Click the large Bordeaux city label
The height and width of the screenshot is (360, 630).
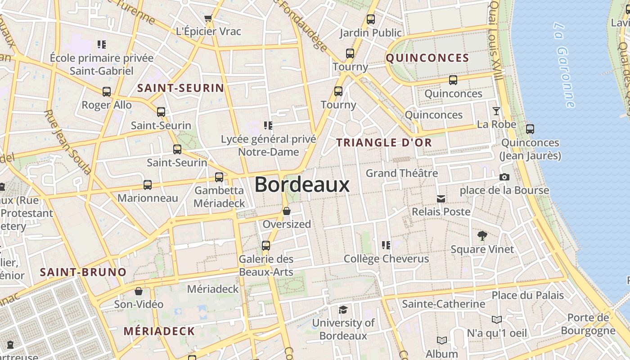302,185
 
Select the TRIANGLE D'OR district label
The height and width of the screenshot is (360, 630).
384,143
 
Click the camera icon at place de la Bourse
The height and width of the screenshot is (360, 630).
504,177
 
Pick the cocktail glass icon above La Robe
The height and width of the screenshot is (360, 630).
496,111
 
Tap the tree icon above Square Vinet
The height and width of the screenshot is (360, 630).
482,236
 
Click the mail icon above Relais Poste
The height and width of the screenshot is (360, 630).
441,198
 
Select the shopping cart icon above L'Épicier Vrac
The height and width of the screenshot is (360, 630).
208,18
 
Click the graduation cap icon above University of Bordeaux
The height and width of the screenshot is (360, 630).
343,310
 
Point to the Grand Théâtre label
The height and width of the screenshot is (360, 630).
401,173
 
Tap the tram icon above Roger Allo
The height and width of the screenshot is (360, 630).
107,92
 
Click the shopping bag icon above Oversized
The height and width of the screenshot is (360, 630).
287,211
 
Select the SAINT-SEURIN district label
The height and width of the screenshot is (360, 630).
180,88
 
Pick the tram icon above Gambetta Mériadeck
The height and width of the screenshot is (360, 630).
219,177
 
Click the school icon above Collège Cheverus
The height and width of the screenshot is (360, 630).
386,245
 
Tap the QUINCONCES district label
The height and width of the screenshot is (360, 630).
427,58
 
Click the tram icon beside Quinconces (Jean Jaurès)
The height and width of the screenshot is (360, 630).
530,129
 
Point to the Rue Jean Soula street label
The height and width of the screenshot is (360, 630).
67,142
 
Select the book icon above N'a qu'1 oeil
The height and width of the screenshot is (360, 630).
496,320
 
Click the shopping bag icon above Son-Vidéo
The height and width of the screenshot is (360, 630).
139,291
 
